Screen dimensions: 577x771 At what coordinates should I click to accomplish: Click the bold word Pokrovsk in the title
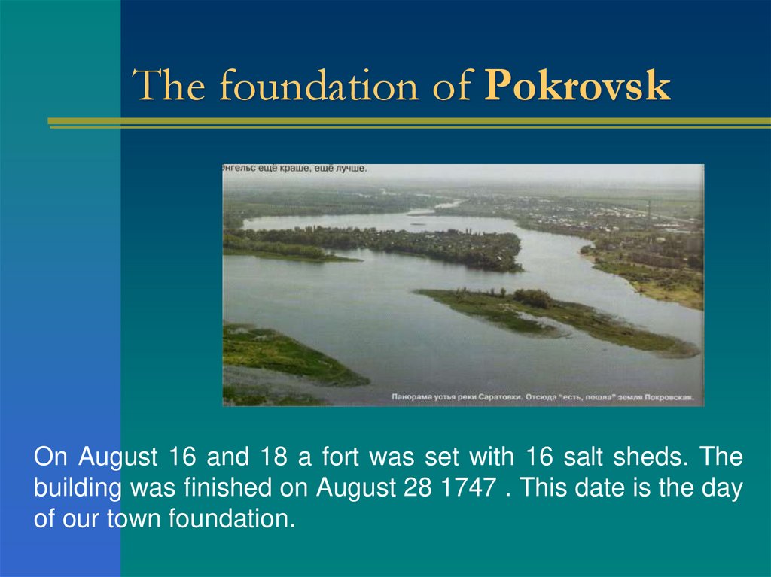point(577,87)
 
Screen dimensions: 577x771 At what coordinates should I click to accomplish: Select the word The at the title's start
point(172,87)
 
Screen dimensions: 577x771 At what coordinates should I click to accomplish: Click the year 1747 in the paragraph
point(468,488)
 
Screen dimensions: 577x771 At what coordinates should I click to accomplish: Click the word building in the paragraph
point(78,488)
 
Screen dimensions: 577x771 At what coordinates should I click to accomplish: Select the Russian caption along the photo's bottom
point(543,396)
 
